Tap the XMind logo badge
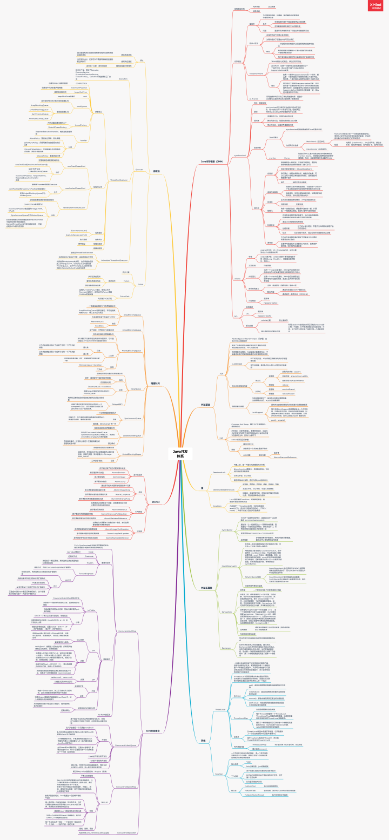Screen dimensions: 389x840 376,6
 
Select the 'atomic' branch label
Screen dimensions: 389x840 155,501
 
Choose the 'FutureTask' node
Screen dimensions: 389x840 123,296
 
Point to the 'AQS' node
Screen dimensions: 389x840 221,373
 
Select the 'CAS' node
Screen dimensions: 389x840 221,438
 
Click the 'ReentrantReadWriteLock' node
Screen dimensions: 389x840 220,489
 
